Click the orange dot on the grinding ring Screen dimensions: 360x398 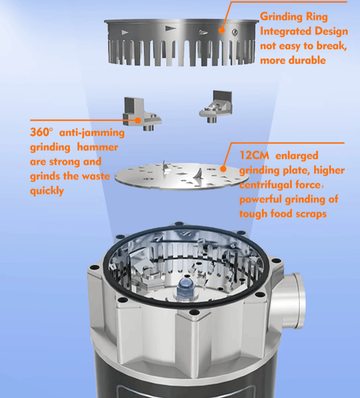point(221,30)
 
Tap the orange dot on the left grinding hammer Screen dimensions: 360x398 point(138,121)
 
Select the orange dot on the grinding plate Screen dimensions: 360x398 point(223,168)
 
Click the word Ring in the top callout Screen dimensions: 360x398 point(317,17)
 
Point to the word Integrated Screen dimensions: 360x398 point(286,31)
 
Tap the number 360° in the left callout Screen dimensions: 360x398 point(41,132)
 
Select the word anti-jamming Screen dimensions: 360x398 point(92,132)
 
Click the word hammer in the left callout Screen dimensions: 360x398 point(98,147)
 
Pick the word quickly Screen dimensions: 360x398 point(47,191)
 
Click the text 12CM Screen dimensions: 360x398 point(254,156)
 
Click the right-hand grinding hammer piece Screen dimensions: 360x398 point(216,107)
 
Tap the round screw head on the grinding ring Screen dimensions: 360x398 point(235,32)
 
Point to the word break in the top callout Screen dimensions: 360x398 point(331,46)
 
